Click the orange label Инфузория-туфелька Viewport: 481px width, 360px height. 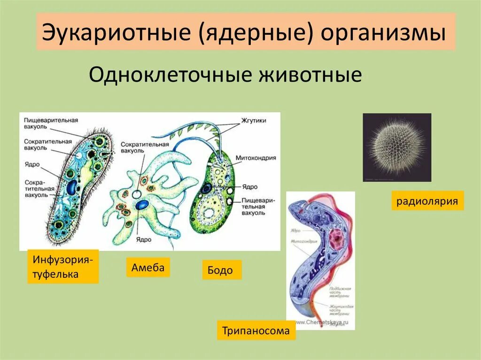pyautogui.click(x=63, y=266)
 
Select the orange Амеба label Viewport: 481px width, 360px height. pyautogui.click(x=148, y=268)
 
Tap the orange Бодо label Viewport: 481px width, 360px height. pyautogui.click(x=222, y=270)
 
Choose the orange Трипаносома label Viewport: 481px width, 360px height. pyautogui.click(x=256, y=330)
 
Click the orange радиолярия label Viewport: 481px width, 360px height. pyautogui.click(x=427, y=201)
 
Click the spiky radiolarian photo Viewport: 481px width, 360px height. pyautogui.click(x=397, y=147)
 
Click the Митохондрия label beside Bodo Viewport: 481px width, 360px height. pyautogui.click(x=256, y=158)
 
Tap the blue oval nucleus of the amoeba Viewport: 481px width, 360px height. pyautogui.click(x=142, y=205)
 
